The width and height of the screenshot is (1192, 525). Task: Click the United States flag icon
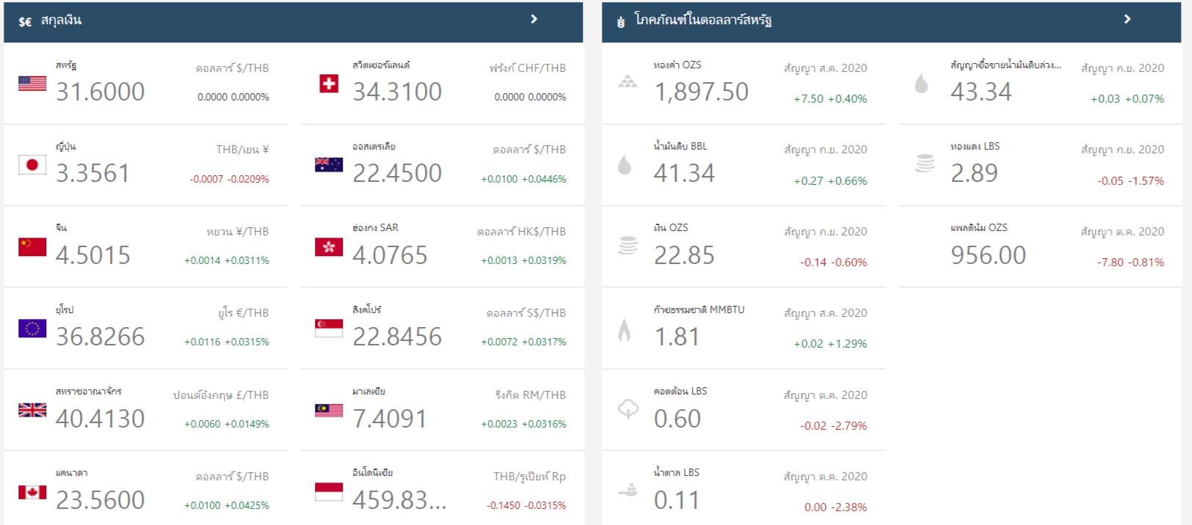(32, 84)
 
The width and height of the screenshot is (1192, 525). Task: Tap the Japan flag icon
(32, 165)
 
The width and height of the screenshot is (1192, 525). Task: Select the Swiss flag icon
(329, 84)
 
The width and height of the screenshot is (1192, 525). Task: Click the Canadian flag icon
(32, 492)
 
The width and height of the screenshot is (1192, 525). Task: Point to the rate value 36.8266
(101, 337)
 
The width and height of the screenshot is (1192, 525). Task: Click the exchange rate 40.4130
(101, 419)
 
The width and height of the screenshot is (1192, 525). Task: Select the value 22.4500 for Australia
(397, 173)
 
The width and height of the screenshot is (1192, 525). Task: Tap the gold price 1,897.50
(701, 92)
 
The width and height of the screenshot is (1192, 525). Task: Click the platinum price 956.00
(988, 255)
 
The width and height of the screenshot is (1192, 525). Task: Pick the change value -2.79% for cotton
(849, 426)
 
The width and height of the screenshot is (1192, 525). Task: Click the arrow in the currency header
(534, 19)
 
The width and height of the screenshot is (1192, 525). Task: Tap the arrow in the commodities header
(1127, 19)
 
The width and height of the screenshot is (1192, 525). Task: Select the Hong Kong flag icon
(329, 247)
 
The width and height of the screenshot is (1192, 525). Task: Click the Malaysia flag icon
(329, 410)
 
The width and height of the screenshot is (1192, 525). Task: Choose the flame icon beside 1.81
(625, 331)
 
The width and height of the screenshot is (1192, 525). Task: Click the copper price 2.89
(974, 173)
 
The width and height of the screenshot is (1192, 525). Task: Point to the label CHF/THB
(542, 68)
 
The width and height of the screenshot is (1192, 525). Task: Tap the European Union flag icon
(32, 328)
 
